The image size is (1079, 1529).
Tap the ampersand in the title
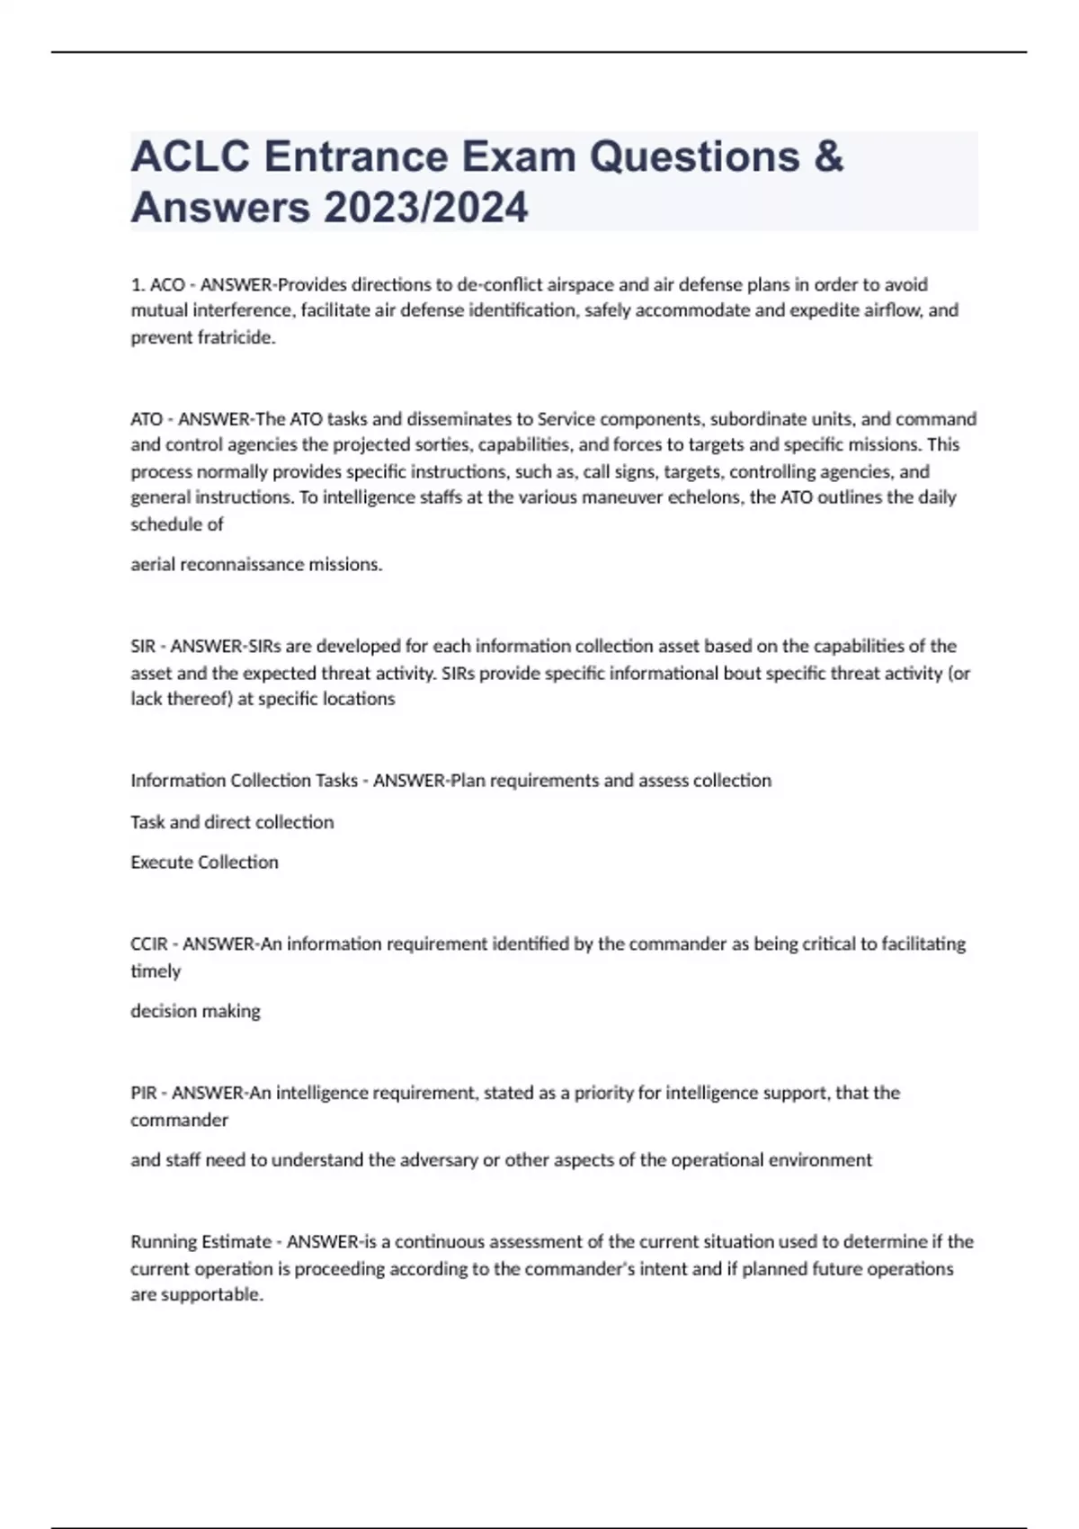[x=828, y=156]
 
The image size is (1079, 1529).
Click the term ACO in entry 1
[x=167, y=285]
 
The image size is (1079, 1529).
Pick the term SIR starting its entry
[x=143, y=647]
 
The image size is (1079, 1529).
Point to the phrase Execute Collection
[x=204, y=863]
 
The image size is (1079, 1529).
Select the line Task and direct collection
[x=232, y=822]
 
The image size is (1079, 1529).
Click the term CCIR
[x=149, y=944]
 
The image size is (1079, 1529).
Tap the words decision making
[x=195, y=1011]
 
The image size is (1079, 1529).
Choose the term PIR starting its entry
[x=144, y=1094]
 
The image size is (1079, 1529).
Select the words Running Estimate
[x=201, y=1242]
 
